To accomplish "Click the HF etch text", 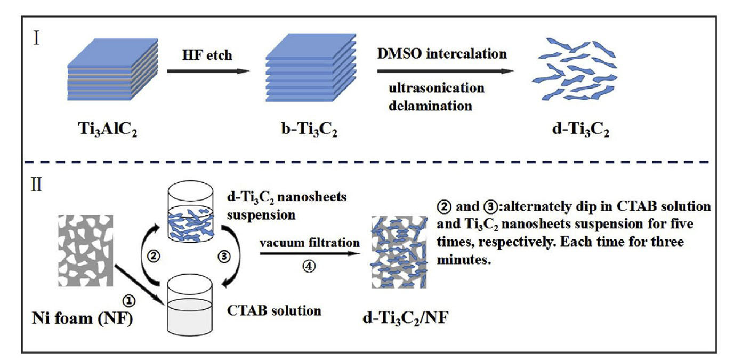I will click(207, 54).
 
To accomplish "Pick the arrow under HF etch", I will click(208, 70).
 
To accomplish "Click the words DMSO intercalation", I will click(442, 54).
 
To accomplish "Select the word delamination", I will click(430, 105).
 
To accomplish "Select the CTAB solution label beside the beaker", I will click(275, 309).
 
